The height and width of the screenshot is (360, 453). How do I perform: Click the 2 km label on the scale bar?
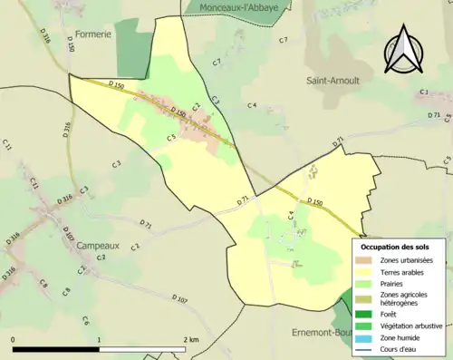pyautogui.click(x=191, y=339)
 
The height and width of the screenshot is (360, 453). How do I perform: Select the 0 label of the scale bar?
pyautogui.click(x=14, y=339)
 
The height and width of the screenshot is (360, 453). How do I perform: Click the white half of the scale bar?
pyautogui.click(x=140, y=349)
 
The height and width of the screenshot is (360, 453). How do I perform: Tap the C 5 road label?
pyautogui.click(x=171, y=138)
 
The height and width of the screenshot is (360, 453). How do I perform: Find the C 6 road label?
pyautogui.click(x=84, y=321)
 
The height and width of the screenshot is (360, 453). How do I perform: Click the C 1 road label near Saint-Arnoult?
pyautogui.click(x=423, y=92)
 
